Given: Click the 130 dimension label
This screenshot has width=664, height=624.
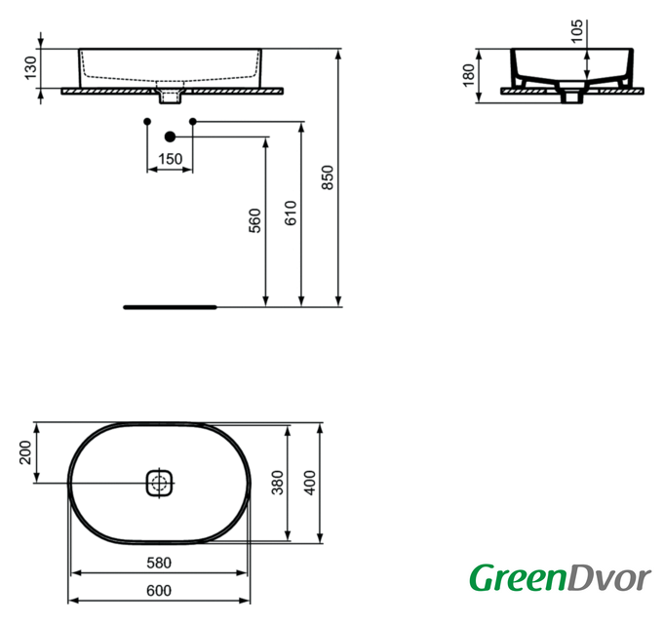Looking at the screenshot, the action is point(31,68).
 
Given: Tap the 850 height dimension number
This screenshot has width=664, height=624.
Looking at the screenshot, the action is point(328,177).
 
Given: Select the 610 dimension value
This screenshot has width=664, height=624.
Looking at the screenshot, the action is point(291,213).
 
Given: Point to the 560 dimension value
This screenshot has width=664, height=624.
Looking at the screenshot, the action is point(254,220).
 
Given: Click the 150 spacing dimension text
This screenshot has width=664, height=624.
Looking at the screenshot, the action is point(171,159).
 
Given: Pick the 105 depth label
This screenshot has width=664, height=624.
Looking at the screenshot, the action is point(577,31).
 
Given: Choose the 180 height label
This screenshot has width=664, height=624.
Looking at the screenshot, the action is point(469,75).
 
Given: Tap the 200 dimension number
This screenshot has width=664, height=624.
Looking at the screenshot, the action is point(25,452).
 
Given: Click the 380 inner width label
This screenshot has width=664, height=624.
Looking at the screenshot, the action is point(277,483).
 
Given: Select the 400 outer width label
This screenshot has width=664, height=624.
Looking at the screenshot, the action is point(310,483).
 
